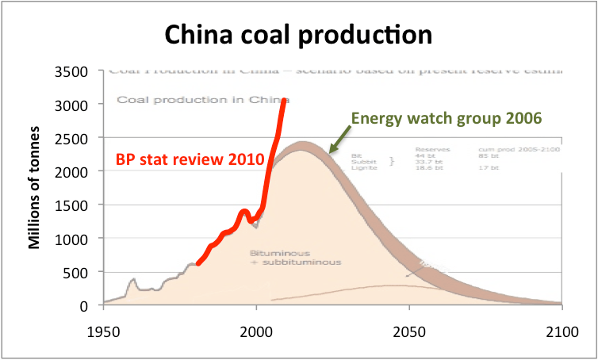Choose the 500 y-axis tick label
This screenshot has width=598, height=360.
point(85,272)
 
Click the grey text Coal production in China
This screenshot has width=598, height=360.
point(202,100)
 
